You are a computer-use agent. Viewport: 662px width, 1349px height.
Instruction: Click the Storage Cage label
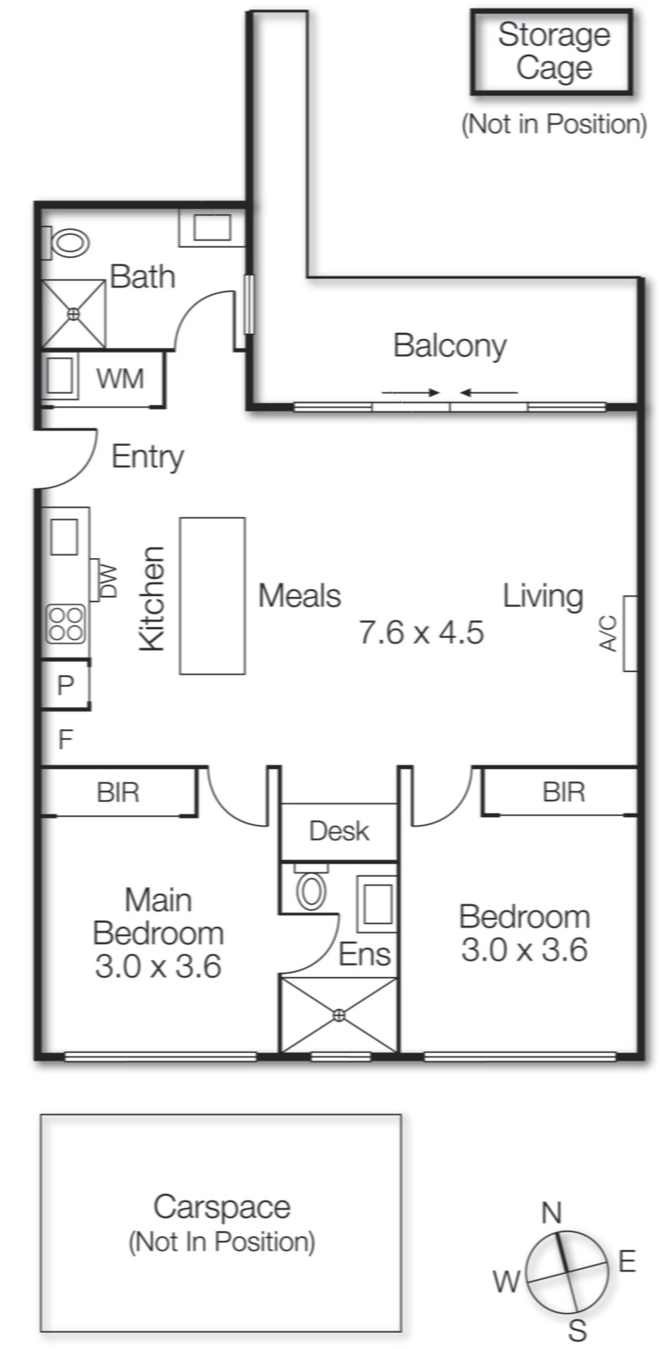point(553,51)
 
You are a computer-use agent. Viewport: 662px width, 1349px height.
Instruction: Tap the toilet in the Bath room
point(69,244)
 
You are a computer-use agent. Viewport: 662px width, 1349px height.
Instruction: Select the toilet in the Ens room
point(312,890)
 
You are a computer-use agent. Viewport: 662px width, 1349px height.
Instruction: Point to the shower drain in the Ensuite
point(339,1015)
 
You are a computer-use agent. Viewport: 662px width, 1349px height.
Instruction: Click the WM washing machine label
point(120,379)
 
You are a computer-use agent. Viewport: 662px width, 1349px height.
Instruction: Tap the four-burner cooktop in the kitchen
point(66,624)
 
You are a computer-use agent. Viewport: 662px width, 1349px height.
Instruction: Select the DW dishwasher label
point(109,580)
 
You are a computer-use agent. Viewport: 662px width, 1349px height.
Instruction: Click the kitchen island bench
point(212,595)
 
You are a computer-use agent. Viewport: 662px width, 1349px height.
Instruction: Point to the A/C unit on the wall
point(628,633)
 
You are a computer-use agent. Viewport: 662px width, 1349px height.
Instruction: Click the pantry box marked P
point(65,685)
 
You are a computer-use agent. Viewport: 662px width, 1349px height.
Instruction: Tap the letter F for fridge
point(65,739)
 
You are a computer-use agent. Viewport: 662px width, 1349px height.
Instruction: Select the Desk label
point(339,831)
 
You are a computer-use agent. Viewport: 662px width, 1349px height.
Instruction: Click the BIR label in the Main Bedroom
point(118,793)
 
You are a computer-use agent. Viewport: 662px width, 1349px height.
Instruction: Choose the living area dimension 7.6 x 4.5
point(421,632)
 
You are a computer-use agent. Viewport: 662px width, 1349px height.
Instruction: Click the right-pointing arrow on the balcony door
point(411,392)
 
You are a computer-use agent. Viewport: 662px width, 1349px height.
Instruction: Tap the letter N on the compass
point(551,1212)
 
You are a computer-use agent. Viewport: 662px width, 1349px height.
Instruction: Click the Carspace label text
point(222,1207)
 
